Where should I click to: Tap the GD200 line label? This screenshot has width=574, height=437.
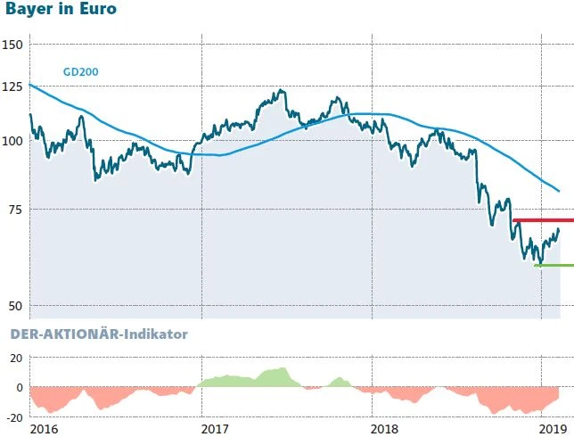(80, 71)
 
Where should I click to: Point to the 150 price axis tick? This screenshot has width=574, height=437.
(14, 45)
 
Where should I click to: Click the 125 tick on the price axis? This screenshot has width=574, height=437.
(14, 87)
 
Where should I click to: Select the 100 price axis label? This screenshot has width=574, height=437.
(14, 141)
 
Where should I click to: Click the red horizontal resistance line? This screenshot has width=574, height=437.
(544, 220)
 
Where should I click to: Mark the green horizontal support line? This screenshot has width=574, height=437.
(553, 265)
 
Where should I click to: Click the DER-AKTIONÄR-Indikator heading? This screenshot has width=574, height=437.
(98, 334)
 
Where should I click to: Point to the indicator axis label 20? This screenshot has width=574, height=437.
(16, 358)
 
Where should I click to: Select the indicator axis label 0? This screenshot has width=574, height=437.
(20, 387)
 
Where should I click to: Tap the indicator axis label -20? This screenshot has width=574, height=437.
(14, 416)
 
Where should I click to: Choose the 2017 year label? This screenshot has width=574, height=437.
(215, 429)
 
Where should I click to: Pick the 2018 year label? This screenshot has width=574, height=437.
(385, 429)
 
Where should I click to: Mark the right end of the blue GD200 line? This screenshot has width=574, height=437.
(559, 191)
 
